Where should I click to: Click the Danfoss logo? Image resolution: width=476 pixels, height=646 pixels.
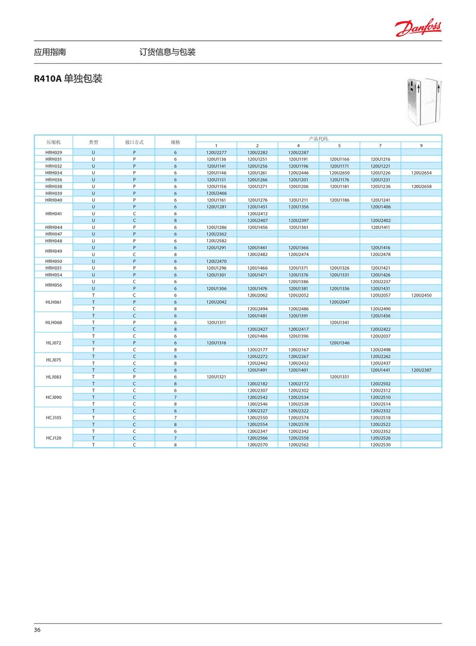coord(418,27)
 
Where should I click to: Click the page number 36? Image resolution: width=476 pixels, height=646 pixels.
coord(37,630)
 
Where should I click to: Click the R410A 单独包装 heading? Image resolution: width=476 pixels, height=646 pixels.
coord(68,79)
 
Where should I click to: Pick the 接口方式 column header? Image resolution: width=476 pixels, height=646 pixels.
coord(134,142)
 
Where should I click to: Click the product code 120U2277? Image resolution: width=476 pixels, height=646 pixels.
coord(216,152)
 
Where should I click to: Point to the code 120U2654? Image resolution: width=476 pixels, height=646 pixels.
coord(421,172)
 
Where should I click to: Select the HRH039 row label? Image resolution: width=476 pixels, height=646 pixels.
coord(54,193)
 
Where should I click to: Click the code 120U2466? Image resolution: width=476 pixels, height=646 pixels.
coord(216,193)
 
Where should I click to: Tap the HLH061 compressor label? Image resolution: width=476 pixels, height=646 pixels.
coord(54,302)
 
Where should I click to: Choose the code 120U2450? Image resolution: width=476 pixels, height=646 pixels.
coord(421,295)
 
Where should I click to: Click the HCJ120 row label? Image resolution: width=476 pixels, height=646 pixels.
coord(54,437)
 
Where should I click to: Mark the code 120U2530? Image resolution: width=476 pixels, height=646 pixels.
coord(380,445)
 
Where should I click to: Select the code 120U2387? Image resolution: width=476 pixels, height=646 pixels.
coord(421,370)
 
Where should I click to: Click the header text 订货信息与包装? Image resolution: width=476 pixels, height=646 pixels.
coord(168,52)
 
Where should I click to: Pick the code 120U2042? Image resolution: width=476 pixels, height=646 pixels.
coord(216,302)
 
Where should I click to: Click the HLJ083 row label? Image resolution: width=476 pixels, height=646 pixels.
coord(54,377)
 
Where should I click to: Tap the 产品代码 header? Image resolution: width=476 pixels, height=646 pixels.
coord(319,139)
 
